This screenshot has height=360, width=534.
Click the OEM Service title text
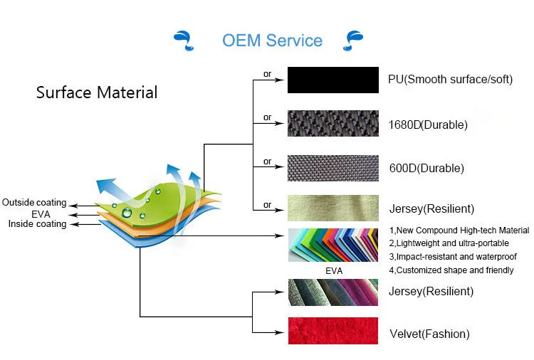point(272,41)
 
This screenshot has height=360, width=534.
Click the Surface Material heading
point(97,92)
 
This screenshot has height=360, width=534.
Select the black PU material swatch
point(333,80)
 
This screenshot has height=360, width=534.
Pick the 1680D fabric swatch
point(333,124)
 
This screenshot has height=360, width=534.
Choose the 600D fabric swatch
point(333,168)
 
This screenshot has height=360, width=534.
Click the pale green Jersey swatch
point(333,208)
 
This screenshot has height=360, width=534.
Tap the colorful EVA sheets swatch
point(333,246)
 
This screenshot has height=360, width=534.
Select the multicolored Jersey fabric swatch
point(333,292)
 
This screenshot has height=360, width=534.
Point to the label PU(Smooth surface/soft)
point(450,79)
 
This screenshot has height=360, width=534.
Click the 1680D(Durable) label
point(428,125)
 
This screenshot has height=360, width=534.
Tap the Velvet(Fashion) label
point(429,334)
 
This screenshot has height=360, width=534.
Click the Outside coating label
point(33,203)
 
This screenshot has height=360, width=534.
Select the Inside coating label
point(37,224)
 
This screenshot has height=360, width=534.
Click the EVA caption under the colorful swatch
point(333,271)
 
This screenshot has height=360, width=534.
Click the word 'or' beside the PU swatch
point(268,74)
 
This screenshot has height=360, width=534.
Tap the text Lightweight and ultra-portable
point(451,243)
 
